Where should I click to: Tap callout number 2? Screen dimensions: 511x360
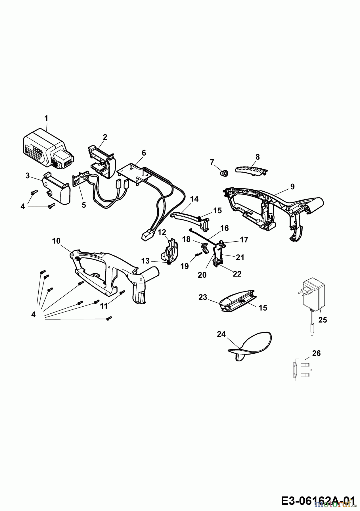click(105, 137)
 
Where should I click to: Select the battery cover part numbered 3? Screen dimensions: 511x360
click(57, 192)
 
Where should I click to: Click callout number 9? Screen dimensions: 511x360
click(292, 187)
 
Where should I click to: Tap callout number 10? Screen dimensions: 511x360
click(56, 241)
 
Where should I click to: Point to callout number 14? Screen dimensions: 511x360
click(194, 199)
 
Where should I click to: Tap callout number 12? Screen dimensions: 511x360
click(162, 232)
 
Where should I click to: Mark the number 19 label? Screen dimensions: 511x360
click(185, 266)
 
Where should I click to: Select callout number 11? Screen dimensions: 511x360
click(104, 306)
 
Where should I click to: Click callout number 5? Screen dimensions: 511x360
click(83, 205)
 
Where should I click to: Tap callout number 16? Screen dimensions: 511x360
click(224, 228)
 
